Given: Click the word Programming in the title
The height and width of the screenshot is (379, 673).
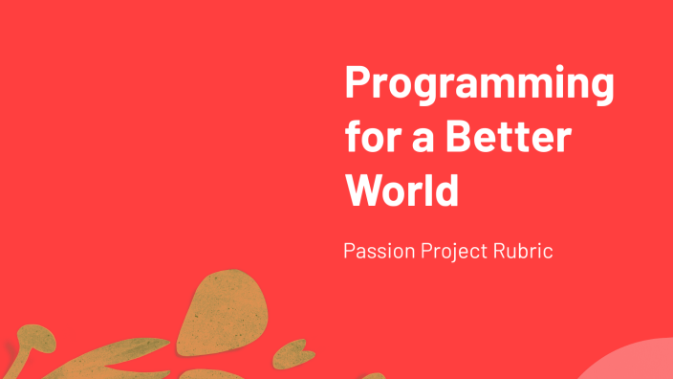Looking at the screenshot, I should (479, 87).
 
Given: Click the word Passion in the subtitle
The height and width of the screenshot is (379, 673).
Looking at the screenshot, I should (378, 254).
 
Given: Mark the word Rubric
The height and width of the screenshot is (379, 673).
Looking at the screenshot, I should (523, 253).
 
